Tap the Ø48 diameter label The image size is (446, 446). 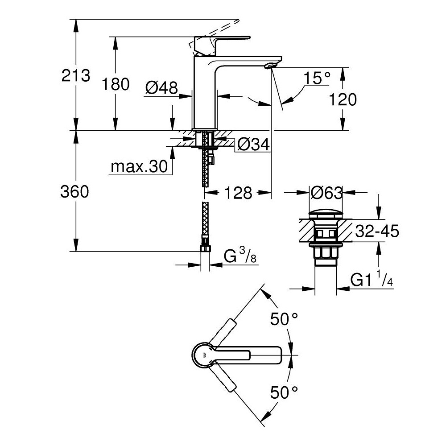pos(161,87)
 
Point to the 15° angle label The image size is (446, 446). pos(318,78)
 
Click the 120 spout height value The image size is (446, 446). pos(343,99)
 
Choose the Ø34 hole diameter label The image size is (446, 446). pos(253,144)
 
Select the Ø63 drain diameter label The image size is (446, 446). pos(326,193)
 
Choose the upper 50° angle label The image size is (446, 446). pos(284,319)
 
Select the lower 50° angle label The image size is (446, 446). pos(284,392)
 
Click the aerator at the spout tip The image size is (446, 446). pos(269,66)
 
